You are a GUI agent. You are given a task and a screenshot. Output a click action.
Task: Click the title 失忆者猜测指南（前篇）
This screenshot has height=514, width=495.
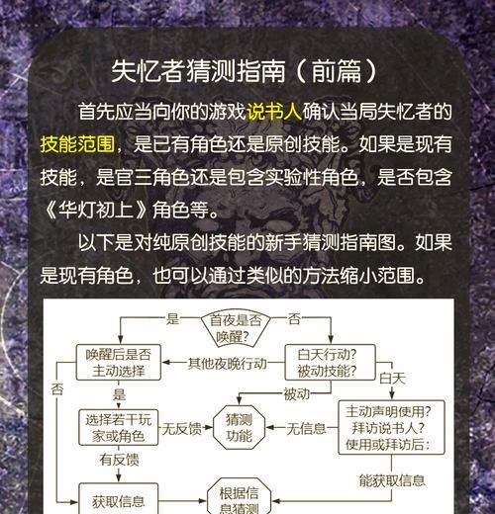point(245,71)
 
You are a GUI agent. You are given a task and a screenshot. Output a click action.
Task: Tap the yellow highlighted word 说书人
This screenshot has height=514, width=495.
point(274,112)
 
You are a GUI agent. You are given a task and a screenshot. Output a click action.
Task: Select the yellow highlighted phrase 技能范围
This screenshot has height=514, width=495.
point(77,144)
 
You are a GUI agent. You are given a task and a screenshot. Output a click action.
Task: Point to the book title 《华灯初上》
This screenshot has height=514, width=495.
point(95,210)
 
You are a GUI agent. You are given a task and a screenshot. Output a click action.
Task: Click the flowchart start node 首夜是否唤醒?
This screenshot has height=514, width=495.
point(236,329)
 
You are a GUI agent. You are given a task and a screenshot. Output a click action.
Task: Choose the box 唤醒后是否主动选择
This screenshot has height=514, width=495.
point(119,363)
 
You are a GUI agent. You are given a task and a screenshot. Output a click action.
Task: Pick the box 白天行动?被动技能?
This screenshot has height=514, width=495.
point(330,363)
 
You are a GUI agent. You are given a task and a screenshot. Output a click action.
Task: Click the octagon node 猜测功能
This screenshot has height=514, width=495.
point(239,428)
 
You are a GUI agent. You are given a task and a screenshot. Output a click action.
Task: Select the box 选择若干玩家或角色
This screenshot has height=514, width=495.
point(119,428)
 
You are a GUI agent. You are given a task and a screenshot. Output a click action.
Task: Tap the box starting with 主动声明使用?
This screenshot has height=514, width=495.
point(391,428)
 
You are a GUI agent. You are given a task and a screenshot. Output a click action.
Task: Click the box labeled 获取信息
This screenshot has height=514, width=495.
point(119,499)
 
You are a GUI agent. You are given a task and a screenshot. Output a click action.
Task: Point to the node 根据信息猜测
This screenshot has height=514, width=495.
point(239,497)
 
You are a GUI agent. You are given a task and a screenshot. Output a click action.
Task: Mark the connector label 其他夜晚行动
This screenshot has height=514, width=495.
point(227,364)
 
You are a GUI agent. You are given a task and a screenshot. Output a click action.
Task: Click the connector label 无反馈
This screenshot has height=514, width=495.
point(182,429)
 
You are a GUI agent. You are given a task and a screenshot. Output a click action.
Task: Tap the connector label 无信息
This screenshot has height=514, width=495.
point(306,429)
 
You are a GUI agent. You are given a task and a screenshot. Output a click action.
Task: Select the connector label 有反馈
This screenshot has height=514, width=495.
point(119,460)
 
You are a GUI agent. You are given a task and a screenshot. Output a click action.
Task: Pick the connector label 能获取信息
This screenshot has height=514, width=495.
point(392,480)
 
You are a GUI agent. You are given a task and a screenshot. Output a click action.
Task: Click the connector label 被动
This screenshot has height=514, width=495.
point(297,394)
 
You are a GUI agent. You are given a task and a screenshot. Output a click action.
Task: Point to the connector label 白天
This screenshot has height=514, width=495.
point(392,379)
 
